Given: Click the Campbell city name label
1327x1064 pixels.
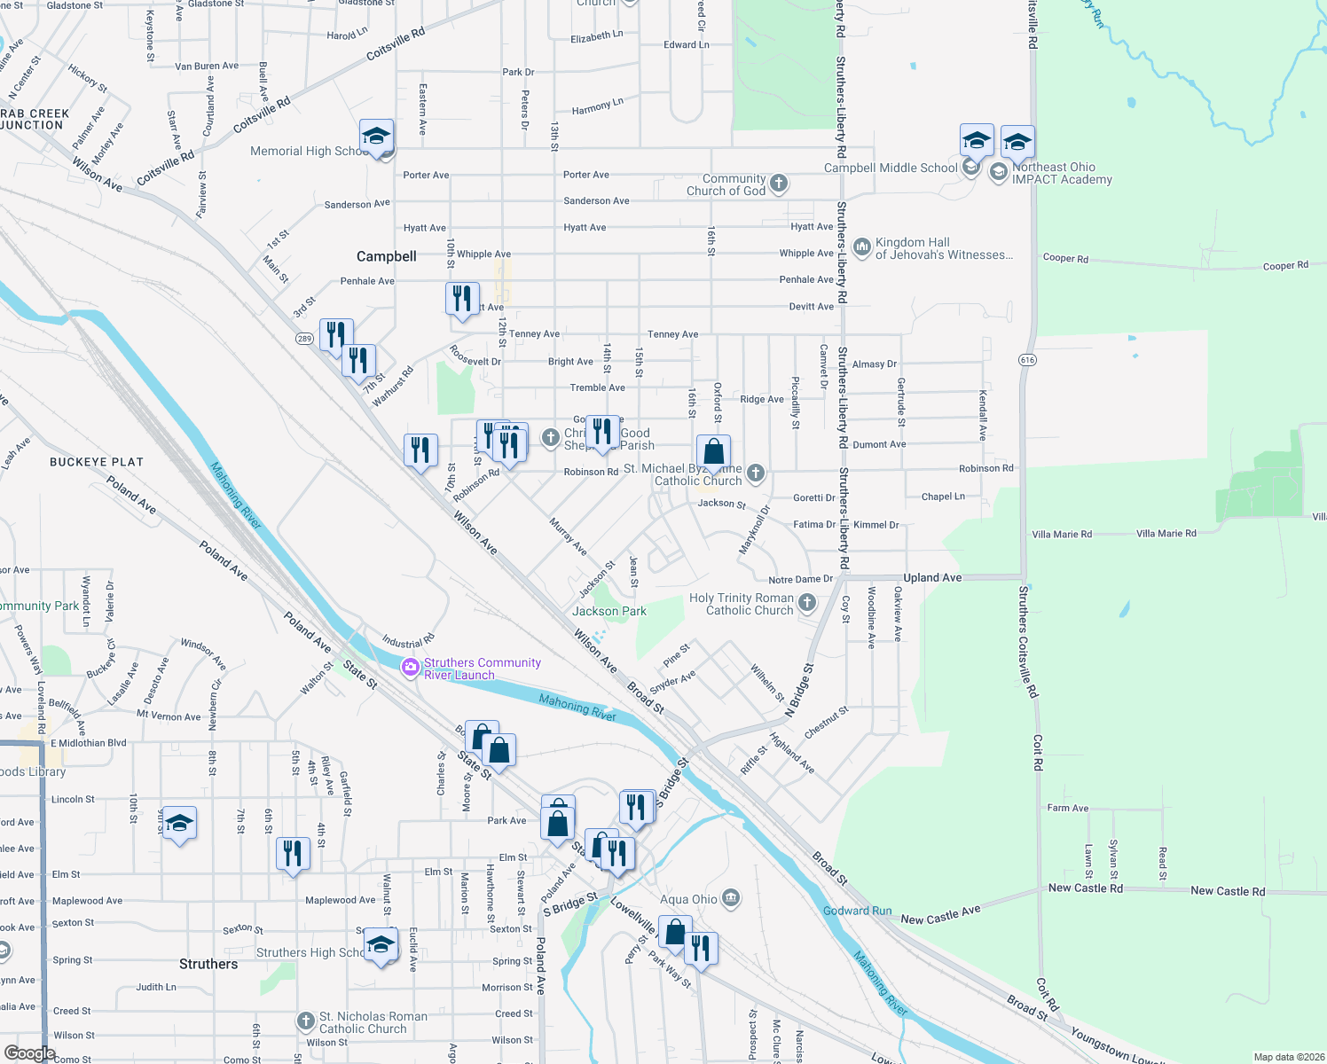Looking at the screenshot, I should (x=386, y=256).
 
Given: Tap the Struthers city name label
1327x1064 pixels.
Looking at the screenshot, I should (x=208, y=964).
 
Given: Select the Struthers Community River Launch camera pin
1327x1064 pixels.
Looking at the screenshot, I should (x=410, y=668).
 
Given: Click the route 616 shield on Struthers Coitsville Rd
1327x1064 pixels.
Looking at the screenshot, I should (x=1027, y=360).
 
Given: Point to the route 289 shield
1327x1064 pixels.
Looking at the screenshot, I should (x=304, y=339).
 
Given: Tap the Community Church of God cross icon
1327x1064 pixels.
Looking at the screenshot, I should (x=778, y=184).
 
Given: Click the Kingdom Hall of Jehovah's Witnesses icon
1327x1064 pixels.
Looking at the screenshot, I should (x=861, y=246).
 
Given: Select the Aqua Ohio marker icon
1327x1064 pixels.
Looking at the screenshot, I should (x=730, y=898).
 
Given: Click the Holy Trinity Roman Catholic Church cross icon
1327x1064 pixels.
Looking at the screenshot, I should (x=806, y=603).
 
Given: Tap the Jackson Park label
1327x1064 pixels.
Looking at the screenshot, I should (x=609, y=611).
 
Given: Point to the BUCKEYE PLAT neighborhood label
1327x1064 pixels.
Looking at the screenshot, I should (x=97, y=462).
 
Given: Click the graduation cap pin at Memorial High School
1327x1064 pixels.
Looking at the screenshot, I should (x=377, y=138).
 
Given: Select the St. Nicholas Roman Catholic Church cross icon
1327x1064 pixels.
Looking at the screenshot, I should (x=306, y=1021).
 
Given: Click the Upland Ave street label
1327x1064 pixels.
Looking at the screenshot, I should (x=932, y=577).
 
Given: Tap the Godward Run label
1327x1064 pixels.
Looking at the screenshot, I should (x=857, y=911).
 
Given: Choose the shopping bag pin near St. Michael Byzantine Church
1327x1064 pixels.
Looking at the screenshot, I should (x=714, y=452).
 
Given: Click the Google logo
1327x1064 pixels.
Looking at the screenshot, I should (x=29, y=1053).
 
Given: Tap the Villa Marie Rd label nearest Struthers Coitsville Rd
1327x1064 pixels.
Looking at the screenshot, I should (x=1062, y=535).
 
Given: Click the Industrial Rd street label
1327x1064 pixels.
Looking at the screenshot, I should (x=408, y=641).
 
